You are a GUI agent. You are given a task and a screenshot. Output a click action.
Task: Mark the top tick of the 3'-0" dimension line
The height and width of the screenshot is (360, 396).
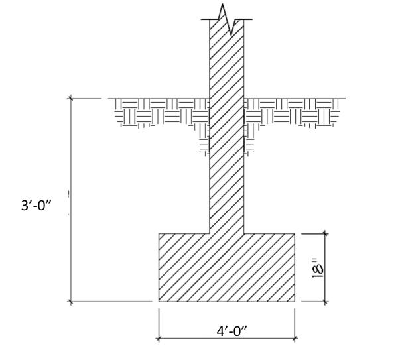[x=71, y=99]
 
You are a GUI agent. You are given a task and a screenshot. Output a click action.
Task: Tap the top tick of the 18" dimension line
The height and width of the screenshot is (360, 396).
[x=325, y=233]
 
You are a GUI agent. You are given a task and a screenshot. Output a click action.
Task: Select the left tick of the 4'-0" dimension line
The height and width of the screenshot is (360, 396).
[x=159, y=338]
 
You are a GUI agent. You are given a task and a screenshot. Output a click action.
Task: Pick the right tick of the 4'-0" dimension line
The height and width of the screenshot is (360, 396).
[x=295, y=338]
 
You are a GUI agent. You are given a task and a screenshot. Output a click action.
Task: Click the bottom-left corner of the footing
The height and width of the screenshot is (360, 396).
[x=159, y=301]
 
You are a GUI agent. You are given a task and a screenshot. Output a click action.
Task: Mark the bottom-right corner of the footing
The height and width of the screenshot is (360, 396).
[x=295, y=301]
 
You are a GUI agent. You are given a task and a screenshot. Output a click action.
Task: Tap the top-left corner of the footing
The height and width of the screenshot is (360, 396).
[x=159, y=233]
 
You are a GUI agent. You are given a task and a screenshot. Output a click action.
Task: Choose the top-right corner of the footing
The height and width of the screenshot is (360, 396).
[x=295, y=233]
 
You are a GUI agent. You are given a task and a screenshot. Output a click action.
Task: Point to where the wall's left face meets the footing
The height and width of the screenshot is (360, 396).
[x=210, y=233]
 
